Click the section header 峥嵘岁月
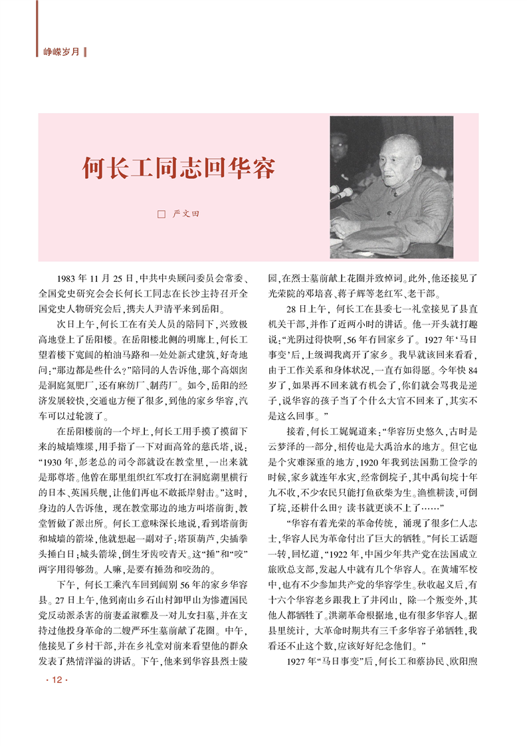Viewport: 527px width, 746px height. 60,51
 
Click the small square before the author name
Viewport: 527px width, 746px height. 160,215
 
